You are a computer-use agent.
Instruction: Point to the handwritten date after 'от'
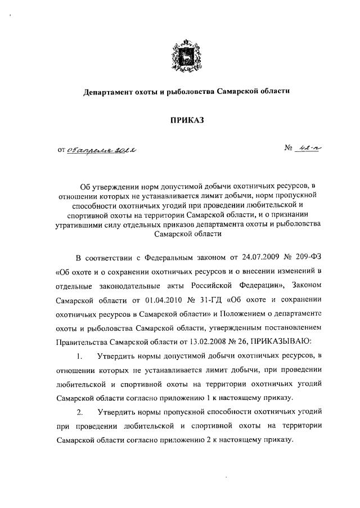[103, 150]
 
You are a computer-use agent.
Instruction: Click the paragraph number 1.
[80, 356]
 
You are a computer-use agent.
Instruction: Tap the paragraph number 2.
[80, 412]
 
